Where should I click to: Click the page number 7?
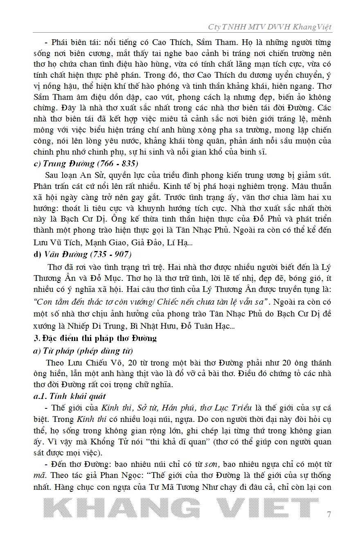click(x=329, y=514)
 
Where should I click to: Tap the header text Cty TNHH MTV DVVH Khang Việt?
click(x=270, y=27)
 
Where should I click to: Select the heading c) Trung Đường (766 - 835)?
click(x=86, y=164)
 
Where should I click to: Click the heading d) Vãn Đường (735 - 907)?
click(x=82, y=254)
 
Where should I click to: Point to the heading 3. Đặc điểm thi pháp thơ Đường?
click(x=95, y=339)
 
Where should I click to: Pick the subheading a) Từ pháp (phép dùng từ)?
click(x=83, y=351)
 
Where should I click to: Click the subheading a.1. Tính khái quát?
click(x=70, y=396)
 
